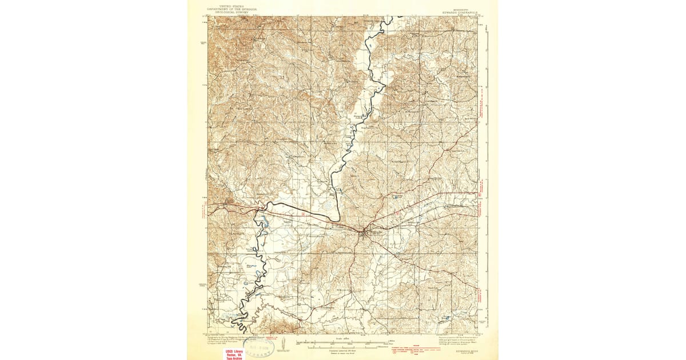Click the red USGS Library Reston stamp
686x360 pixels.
click(x=236, y=353)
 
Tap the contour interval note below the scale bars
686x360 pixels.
click(x=342, y=351)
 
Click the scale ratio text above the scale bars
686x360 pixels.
click(x=342, y=338)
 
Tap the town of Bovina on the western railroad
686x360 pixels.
click(x=229, y=201)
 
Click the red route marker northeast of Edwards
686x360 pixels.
click(x=400, y=213)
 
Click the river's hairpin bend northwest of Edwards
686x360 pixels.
click(x=339, y=218)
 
